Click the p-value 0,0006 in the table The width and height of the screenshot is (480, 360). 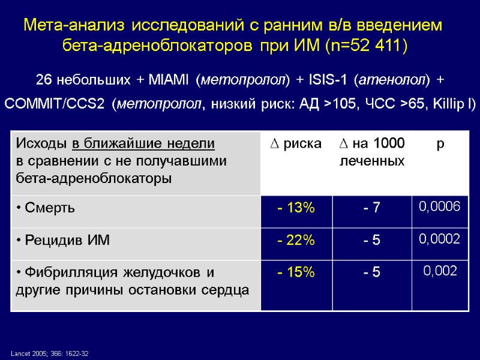(x=439, y=207)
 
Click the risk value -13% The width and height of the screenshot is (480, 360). (x=296, y=208)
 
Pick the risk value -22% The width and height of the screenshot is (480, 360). (x=296, y=240)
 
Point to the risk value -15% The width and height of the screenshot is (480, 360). (x=296, y=272)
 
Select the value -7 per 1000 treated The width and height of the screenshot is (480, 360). (x=372, y=208)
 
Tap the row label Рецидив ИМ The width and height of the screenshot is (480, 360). (x=63, y=240)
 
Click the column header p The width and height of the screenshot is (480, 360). (x=440, y=144)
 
